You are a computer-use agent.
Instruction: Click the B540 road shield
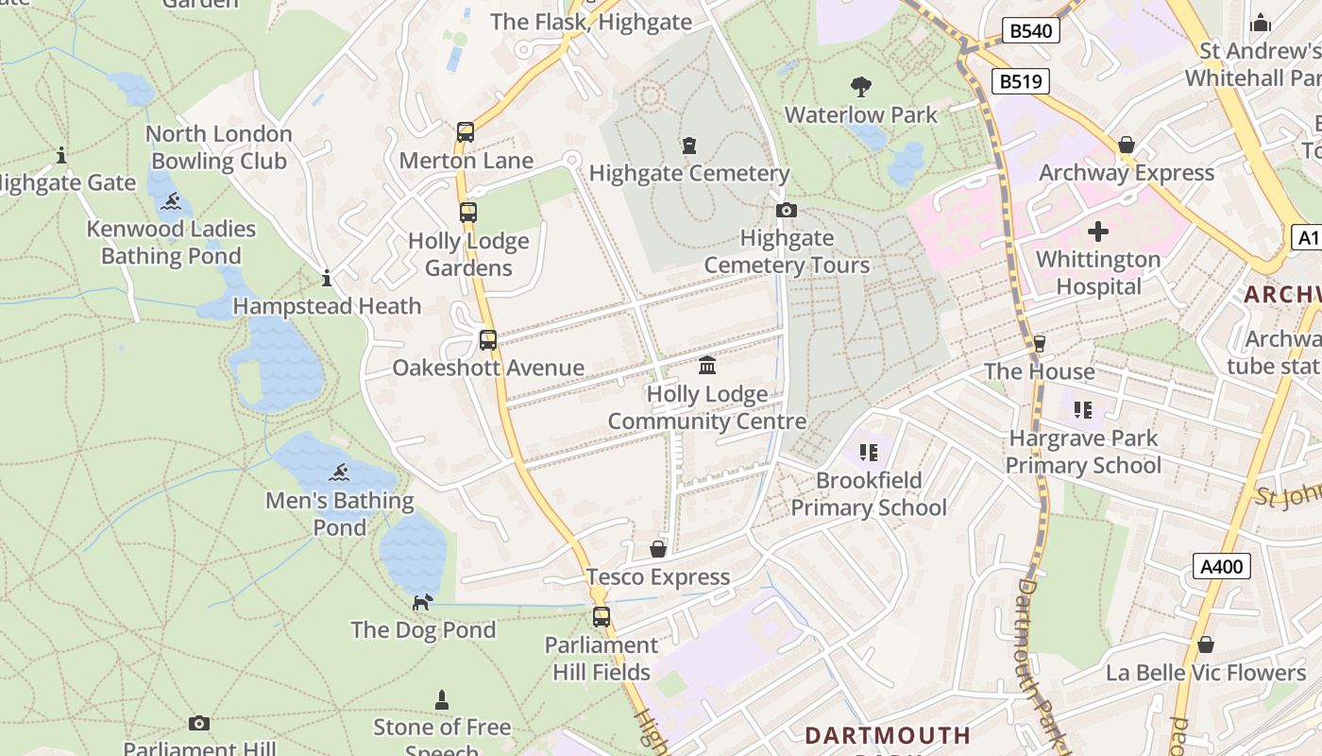click(1030, 31)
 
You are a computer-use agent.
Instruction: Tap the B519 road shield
click(1021, 82)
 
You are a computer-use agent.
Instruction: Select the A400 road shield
click(1222, 566)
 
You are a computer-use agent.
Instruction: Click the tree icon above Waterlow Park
click(860, 88)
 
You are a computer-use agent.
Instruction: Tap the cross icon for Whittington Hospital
click(1097, 231)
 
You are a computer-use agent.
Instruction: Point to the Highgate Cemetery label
click(689, 173)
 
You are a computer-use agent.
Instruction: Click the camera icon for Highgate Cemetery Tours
click(786, 210)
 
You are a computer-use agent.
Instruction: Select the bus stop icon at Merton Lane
click(466, 132)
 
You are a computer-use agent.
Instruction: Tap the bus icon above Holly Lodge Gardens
click(468, 213)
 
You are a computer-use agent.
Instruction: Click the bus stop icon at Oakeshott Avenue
click(488, 340)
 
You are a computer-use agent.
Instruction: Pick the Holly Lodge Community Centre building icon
click(706, 366)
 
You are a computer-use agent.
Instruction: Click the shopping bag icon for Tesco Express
click(658, 549)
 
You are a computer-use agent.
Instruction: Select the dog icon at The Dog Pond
click(423, 602)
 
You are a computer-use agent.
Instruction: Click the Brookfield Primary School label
click(868, 494)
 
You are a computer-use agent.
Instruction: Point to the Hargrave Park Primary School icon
click(1082, 410)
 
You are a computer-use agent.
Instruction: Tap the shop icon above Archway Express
click(1126, 145)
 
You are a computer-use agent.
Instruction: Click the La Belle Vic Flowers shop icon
click(1205, 644)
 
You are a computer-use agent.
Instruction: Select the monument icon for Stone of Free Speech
click(441, 700)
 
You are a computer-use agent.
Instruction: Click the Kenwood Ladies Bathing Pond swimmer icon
click(171, 201)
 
